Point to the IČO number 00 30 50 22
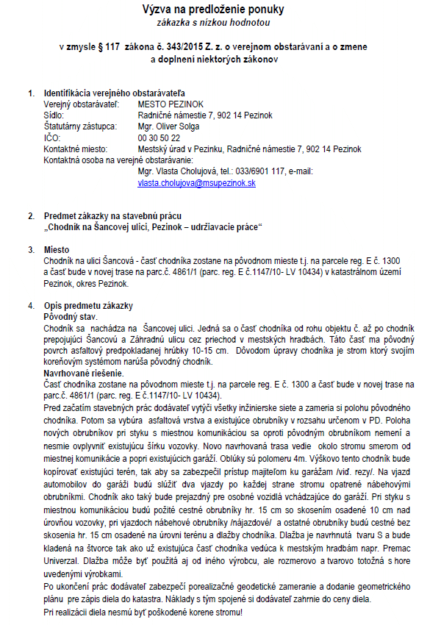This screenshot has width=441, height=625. point(159,137)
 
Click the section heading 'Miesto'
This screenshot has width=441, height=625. point(57,249)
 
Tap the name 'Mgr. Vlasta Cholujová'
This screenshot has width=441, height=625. point(175,171)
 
